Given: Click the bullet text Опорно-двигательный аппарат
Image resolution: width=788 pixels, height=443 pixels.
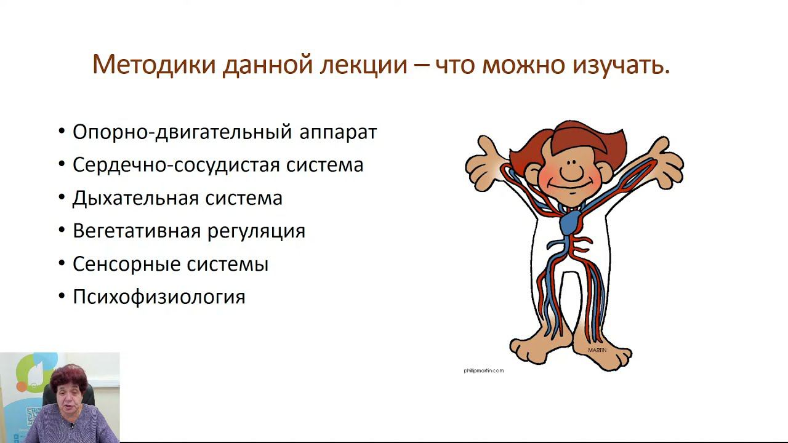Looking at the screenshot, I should [x=224, y=132].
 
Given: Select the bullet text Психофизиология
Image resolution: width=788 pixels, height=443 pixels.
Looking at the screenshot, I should [x=159, y=297].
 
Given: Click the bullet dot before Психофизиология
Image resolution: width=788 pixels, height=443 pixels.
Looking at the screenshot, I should [x=62, y=297].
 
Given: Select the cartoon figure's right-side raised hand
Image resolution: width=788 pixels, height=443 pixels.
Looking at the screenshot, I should [x=661, y=161].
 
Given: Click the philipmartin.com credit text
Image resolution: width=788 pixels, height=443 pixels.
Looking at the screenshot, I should [x=483, y=370].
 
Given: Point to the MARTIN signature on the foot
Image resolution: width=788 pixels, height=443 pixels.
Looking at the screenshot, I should [x=597, y=350].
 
